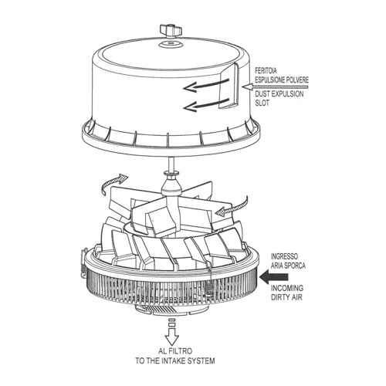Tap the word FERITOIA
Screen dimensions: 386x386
point(266,70)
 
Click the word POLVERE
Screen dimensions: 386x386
point(296,80)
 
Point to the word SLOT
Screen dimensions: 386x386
point(262,103)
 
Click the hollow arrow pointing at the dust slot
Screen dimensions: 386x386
point(276,87)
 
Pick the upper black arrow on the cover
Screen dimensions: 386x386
point(206,86)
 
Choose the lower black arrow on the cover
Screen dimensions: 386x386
point(206,105)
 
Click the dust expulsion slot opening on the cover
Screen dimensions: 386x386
point(229,86)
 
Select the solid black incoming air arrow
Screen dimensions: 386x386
point(273,277)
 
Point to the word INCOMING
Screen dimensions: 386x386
point(287,288)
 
